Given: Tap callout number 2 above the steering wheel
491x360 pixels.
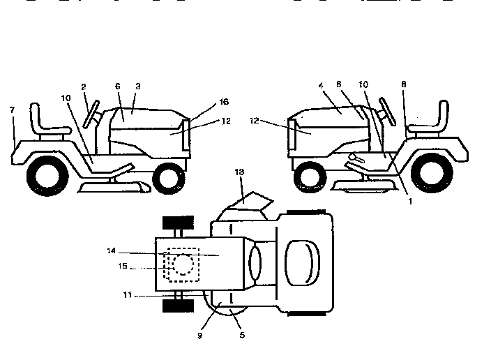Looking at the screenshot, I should click(84, 87).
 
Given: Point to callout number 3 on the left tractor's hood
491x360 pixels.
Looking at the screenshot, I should click(138, 86).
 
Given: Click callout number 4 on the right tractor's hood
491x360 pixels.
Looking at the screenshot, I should click(321, 86).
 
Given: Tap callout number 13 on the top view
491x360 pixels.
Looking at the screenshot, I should click(239, 171).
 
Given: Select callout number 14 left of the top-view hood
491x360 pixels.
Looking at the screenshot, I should click(111, 250).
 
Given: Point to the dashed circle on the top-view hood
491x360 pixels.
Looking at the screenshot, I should click(182, 264).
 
